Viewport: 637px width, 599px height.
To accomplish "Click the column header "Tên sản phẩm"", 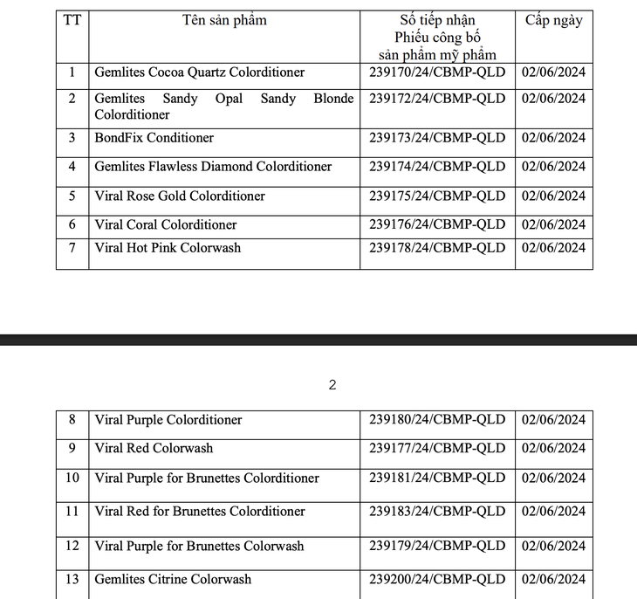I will click(x=224, y=20).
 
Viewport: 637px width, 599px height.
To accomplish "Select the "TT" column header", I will click(x=72, y=20).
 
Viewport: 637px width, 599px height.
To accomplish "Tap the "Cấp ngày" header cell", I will click(x=553, y=20).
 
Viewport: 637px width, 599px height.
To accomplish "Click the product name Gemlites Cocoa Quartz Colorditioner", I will click(x=199, y=72).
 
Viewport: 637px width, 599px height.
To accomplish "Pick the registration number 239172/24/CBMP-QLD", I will click(x=437, y=99).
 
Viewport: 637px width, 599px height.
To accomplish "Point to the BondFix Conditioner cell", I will click(x=154, y=137).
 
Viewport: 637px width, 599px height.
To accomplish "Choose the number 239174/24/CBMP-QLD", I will click(x=437, y=166).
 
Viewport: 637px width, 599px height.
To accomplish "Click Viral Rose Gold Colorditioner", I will click(x=180, y=196).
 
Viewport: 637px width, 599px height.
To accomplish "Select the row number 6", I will click(x=72, y=224).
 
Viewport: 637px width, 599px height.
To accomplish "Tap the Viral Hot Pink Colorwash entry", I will click(x=168, y=248).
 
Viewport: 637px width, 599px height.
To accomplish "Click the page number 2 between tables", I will click(x=332, y=384).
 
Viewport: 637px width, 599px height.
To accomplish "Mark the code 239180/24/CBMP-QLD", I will click(x=437, y=420).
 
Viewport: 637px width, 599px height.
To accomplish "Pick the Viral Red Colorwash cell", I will click(x=154, y=448).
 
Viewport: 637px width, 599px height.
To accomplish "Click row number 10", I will click(x=72, y=478).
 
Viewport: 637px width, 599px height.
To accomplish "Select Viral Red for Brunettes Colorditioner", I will click(x=200, y=511).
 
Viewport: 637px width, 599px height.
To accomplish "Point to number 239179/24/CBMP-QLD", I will click(x=437, y=546).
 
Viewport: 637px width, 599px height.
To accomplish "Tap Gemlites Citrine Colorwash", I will click(x=173, y=579).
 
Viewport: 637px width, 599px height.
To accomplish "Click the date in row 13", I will click(x=553, y=579).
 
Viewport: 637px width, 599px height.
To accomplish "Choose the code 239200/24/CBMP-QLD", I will click(x=437, y=579).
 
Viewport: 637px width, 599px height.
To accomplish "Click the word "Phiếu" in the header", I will click(x=413, y=38).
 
